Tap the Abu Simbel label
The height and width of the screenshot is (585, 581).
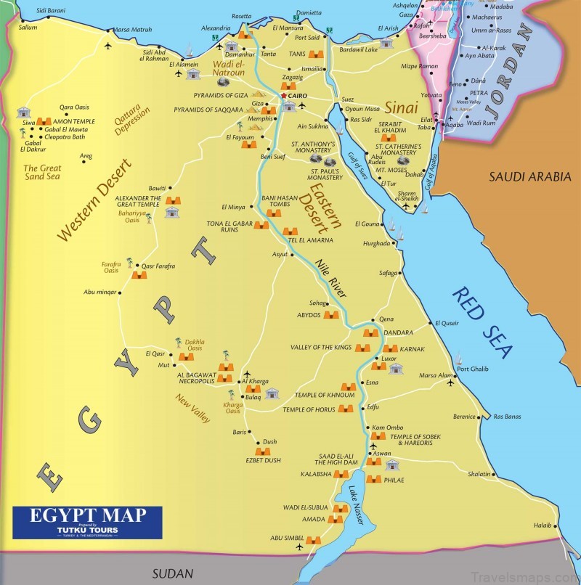[285, 538]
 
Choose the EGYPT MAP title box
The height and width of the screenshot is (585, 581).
[88, 521]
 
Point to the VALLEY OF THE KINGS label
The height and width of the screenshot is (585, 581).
[320, 348]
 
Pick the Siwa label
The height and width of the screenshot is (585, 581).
[29, 123]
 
